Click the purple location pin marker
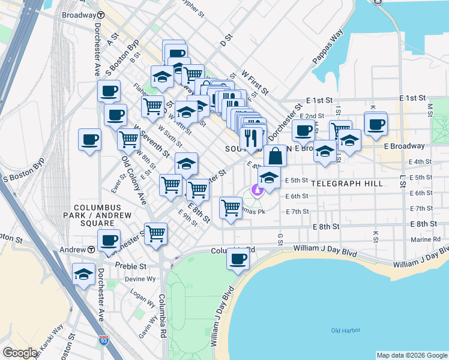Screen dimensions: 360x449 (258, 191)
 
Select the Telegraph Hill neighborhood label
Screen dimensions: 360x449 (347, 183)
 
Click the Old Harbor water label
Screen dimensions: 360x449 (345, 331)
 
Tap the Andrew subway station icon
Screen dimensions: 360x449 (91, 250)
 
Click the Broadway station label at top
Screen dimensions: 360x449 (79, 14)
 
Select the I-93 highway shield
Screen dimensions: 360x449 (104, 341)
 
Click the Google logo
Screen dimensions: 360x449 (20, 353)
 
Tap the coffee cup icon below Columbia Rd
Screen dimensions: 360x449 (238, 260)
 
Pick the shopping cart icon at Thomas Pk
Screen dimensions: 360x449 (231, 208)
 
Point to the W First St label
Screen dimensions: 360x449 (255, 82)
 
